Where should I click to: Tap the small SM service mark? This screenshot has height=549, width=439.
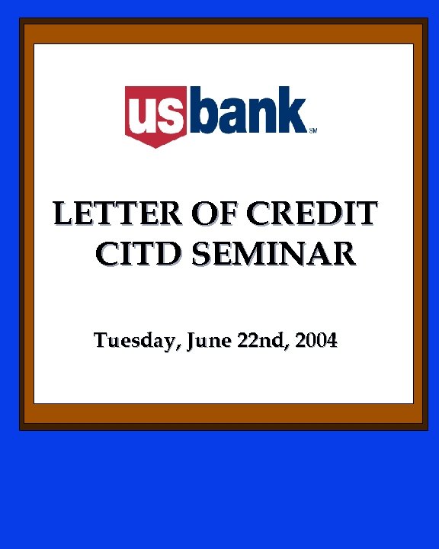click(x=312, y=130)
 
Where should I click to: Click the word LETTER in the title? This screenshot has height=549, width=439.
click(x=103, y=213)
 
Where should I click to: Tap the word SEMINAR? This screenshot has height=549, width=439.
click(x=274, y=253)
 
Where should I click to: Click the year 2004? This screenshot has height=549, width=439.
click(x=316, y=341)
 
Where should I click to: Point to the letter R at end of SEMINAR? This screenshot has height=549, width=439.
click(x=344, y=253)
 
